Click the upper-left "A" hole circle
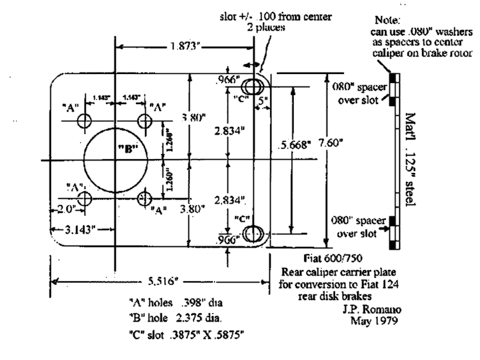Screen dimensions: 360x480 tap(85, 121)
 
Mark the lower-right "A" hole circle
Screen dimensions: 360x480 tap(146, 198)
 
